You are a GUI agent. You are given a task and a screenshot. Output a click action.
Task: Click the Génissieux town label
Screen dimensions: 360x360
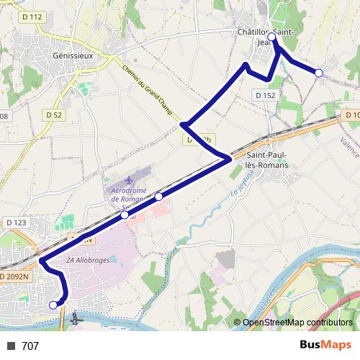click(x=74, y=55)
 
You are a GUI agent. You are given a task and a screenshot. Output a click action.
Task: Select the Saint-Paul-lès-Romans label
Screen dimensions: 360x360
click(x=267, y=160)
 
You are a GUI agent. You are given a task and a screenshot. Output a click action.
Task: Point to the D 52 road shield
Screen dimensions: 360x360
click(x=54, y=114)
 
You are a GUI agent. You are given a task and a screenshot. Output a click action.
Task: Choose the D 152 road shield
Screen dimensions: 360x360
click(x=265, y=95)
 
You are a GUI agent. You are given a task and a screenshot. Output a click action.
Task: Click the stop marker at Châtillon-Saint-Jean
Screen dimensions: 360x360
click(x=271, y=36)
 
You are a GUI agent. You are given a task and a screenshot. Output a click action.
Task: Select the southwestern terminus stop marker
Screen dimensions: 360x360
click(x=53, y=305)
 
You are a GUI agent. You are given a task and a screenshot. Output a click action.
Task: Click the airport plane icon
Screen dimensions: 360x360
click(x=129, y=179)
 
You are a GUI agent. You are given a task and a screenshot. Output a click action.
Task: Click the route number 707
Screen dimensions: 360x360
click(x=30, y=346)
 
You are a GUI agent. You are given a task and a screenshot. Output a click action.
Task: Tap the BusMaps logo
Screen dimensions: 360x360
click(x=325, y=346)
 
